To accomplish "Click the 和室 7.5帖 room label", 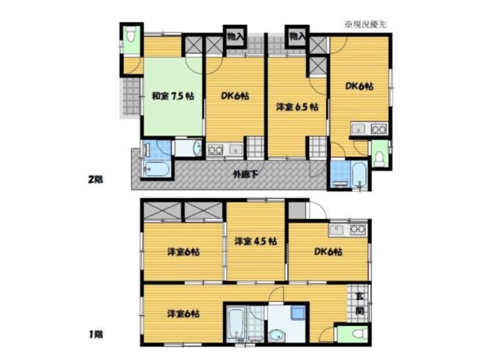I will (x=167, y=97).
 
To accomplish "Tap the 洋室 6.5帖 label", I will (x=297, y=107).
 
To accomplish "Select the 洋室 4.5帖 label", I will (x=255, y=241).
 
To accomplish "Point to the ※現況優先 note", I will (x=364, y=24).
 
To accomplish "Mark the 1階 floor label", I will (x=96, y=335).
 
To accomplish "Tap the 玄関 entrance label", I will (x=360, y=303).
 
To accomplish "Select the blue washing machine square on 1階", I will (x=297, y=313).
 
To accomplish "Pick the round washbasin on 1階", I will (x=276, y=336).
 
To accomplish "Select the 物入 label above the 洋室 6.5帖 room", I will (x=296, y=37).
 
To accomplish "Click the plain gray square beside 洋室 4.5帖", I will (x=296, y=211).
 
